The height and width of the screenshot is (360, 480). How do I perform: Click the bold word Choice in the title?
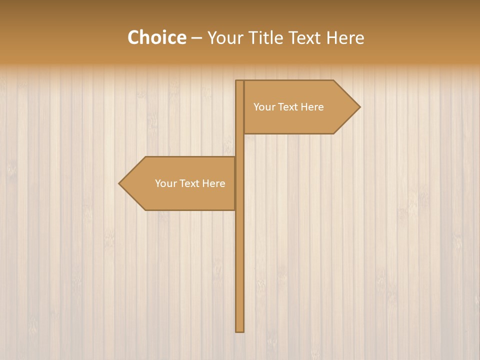pyautogui.click(x=156, y=37)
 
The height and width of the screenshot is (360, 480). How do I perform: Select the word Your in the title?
pyautogui.click(x=224, y=38)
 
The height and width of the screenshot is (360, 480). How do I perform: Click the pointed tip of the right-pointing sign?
pyautogui.click(x=359, y=107)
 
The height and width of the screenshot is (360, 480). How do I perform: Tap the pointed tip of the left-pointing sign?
pyautogui.click(x=119, y=183)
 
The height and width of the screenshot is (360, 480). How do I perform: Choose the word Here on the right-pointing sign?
pyautogui.click(x=312, y=107)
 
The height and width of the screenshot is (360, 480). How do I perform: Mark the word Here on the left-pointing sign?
pyautogui.click(x=213, y=183)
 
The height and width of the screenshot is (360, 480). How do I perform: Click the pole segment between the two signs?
pyautogui.click(x=240, y=145)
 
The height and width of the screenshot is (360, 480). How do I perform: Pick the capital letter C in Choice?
pyautogui.click(x=133, y=37)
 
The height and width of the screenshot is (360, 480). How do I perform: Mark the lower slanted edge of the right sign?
pyautogui.click(x=347, y=120)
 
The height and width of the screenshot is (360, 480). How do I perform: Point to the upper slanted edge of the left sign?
pyautogui.click(x=132, y=170)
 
